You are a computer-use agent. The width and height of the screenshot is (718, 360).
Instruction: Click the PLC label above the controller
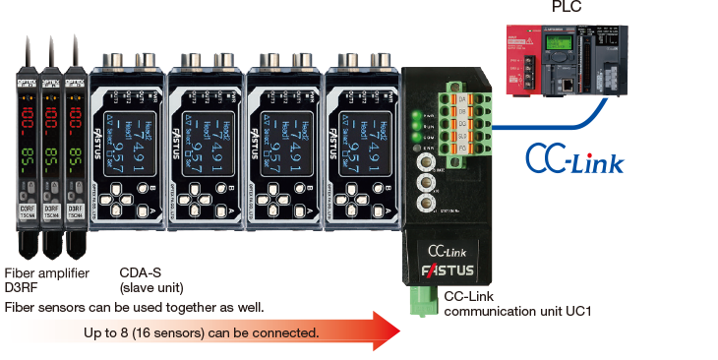566,8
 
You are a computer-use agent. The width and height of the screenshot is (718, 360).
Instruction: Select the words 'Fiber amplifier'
47,272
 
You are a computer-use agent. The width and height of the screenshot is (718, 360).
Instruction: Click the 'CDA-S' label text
141,272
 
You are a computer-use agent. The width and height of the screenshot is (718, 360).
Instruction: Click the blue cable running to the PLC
551,122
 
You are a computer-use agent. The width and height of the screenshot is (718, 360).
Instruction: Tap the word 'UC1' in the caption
584,312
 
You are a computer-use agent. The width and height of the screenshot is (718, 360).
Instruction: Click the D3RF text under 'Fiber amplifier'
23,288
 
